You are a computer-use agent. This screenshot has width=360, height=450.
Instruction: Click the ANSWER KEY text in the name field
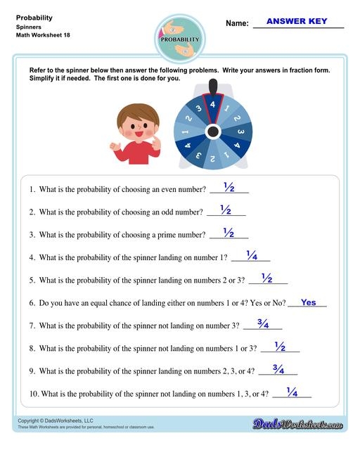coord(297,21)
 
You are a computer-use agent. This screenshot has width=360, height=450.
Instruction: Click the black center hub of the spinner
coord(212,131)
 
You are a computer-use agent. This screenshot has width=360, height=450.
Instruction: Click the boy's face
coord(133,127)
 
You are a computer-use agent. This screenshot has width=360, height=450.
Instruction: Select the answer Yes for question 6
coord(309,302)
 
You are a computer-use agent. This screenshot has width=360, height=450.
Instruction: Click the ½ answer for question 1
coord(229,187)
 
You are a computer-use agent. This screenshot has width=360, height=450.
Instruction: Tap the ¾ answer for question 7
coord(263,324)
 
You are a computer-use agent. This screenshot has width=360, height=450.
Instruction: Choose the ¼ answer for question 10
coord(292,392)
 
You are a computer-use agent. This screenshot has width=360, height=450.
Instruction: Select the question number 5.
coord(32,281)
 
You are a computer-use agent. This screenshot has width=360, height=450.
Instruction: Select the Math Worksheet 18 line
coord(43,35)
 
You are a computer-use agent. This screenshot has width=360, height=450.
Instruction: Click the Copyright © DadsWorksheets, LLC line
coord(56,420)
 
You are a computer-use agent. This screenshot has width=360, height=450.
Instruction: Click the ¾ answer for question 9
coord(278,369)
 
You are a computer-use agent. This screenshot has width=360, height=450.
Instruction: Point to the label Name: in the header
coord(237,23)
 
